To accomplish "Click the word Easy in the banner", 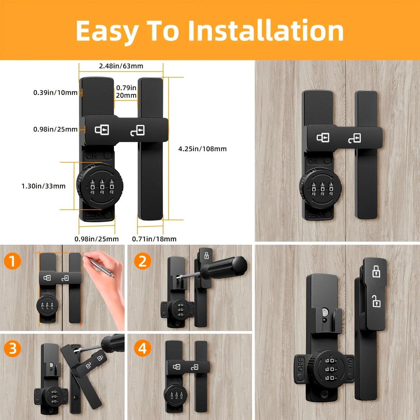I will tap(106, 31).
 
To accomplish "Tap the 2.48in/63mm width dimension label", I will tap(121, 66).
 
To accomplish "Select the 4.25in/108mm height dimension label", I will tap(202, 149).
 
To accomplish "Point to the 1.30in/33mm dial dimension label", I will tap(44, 186).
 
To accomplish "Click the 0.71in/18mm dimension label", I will tap(154, 239).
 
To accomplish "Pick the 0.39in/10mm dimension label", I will tap(55, 93).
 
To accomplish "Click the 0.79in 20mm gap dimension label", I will tap(126, 92).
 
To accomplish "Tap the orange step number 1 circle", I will tap(12, 261).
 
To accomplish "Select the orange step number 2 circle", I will tap(142, 261).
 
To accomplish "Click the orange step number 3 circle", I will tap(12, 348).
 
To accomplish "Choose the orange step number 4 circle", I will tap(142, 348).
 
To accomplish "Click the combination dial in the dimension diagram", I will tap(100, 186).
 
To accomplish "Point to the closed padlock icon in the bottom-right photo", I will tap(376, 271).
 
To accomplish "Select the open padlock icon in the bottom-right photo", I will tap(376, 301).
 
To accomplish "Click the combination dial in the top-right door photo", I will tap(321, 189).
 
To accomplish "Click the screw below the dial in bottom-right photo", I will tap(325, 394).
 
